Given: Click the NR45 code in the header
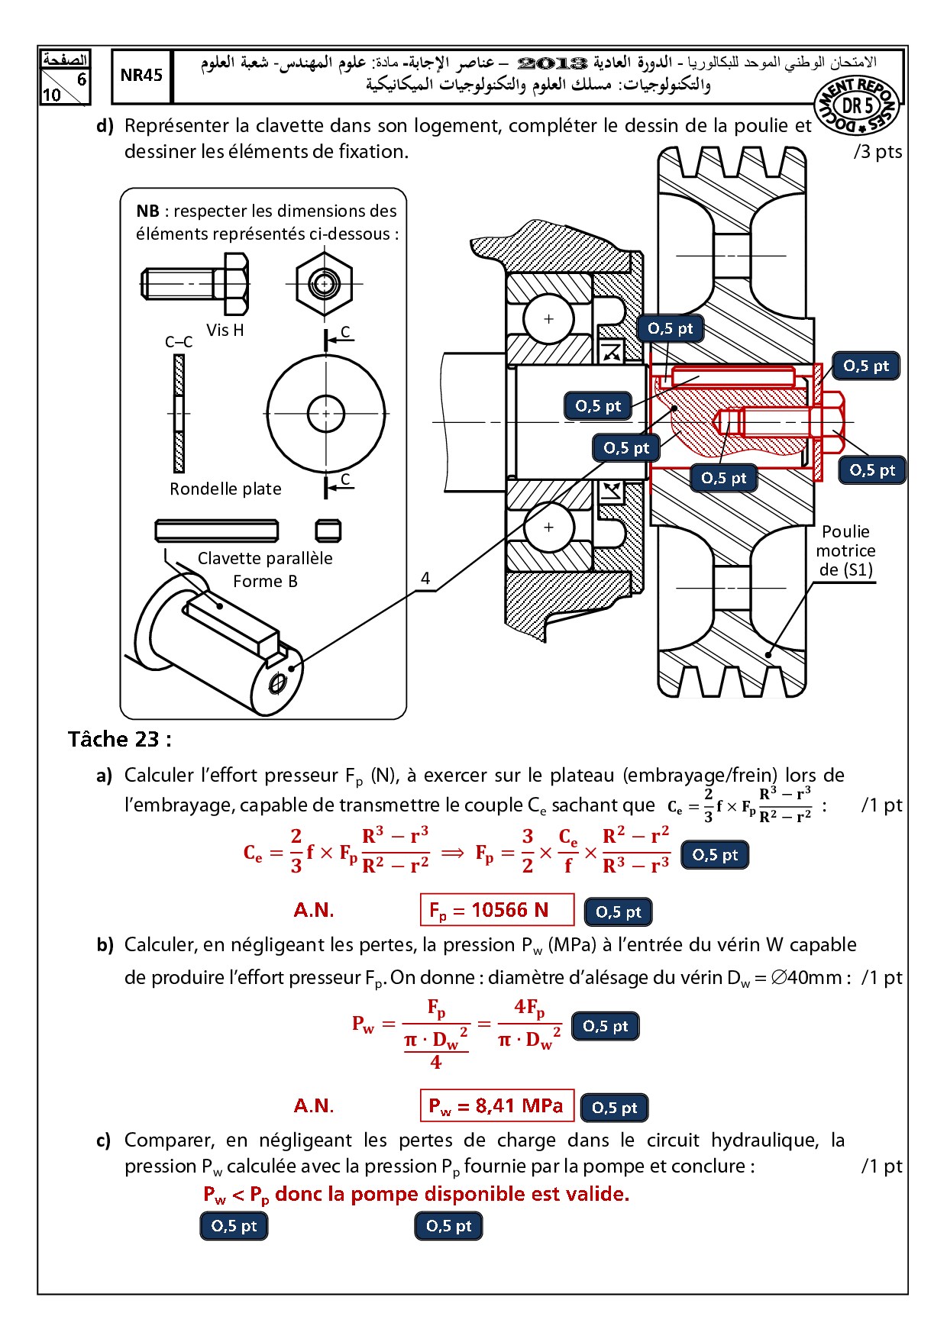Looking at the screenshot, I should coord(141,75).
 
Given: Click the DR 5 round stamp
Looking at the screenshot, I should coord(857,105).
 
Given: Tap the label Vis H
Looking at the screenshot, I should coord(225,330).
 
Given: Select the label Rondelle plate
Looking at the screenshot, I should coord(225,489).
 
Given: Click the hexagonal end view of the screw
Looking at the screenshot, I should coord(325,284).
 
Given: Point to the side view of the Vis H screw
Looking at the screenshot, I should coord(196,283).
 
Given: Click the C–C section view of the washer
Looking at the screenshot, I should coord(179,414).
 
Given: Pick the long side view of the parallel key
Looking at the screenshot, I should coord(217,531).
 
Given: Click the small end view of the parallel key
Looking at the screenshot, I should coord(328,531).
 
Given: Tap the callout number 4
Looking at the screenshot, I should coord(425,579).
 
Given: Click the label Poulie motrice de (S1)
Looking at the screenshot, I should coord(845,550).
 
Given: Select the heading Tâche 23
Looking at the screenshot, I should coord(119,739).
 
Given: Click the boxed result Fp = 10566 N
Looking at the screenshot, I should coord(496,910).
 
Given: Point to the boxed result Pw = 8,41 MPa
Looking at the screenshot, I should coord(496,1105).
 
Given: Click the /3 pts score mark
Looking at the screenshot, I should coord(878,151).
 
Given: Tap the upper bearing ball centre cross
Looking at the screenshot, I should coord(548,319).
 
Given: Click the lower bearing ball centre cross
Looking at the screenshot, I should coord(548,527).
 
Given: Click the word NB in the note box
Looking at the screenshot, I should coord(147,211).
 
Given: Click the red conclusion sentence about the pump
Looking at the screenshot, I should coord(416,1194).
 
